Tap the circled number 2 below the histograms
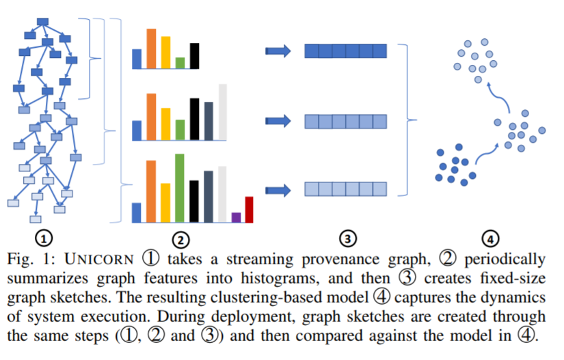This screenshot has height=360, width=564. [x=180, y=239]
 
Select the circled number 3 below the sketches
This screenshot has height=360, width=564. [x=348, y=238]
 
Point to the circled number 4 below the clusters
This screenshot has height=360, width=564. [x=489, y=238]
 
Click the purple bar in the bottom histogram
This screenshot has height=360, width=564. [x=236, y=217]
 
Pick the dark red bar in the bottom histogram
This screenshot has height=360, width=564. [x=249, y=209]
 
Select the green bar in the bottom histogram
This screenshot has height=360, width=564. [x=179, y=188]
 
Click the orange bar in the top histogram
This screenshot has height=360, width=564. [x=151, y=49]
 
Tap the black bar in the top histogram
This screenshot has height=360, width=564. [x=194, y=56]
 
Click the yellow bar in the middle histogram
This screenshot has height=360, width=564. [x=165, y=124]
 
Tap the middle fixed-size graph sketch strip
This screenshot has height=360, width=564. [x=345, y=122]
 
